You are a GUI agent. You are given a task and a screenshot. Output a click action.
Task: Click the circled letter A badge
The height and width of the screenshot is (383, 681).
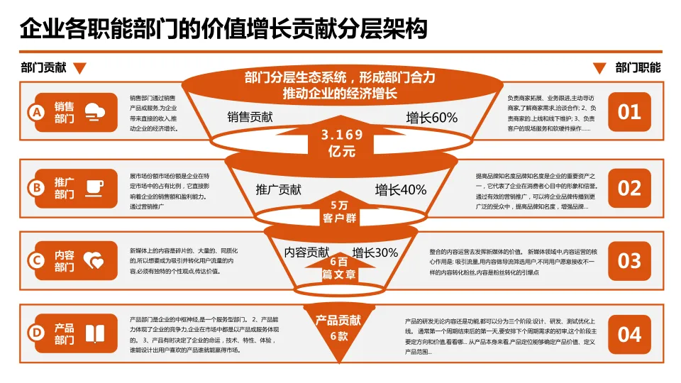point(35,112)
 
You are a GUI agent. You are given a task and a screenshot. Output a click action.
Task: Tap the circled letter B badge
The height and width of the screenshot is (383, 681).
point(35,188)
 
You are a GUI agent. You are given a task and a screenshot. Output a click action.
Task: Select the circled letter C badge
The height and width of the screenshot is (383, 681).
point(35,261)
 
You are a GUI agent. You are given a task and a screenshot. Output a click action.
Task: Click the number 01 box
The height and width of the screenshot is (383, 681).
point(629,112)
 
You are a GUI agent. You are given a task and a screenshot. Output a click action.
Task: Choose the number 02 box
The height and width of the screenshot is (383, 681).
point(629,188)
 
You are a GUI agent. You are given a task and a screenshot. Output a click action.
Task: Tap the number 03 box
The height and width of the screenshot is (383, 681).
point(629,261)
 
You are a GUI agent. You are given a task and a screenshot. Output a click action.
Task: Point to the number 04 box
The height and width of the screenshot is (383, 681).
point(629,334)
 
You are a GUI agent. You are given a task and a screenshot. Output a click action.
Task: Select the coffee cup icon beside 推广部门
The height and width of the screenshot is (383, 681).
point(94,187)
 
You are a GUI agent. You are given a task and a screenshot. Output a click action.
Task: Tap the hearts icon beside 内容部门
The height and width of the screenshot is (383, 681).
point(94,261)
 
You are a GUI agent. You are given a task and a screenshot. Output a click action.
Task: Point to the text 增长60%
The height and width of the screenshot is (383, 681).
point(431,118)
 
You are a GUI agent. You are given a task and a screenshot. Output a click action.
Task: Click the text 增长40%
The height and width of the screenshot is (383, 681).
point(401,189)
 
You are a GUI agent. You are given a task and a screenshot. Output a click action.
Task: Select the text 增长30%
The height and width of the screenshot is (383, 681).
point(375,252)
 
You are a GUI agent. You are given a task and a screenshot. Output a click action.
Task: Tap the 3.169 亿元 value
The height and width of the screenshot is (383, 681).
point(341,143)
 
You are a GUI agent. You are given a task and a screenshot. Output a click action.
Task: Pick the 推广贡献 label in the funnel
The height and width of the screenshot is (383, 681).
point(278,189)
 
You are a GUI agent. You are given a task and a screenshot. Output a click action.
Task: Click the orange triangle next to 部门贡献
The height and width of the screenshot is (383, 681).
point(80,69)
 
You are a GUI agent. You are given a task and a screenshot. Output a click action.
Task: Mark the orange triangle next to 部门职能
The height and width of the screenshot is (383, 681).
point(599,69)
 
